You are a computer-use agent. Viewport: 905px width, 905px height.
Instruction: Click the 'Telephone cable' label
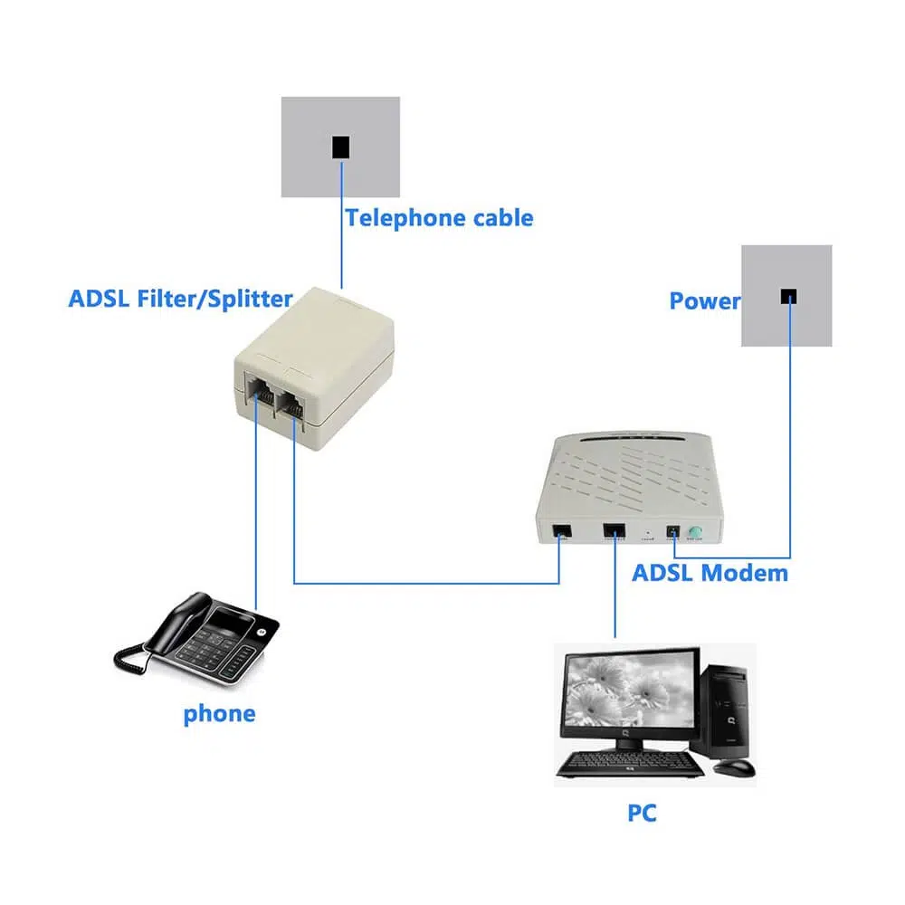click(x=439, y=218)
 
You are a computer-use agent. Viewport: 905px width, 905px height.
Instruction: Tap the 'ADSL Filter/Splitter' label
click(x=180, y=299)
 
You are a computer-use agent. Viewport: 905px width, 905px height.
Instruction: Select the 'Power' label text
click(x=704, y=301)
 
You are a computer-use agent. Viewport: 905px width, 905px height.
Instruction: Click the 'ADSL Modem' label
click(x=710, y=573)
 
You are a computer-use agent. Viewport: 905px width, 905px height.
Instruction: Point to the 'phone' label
click(x=219, y=713)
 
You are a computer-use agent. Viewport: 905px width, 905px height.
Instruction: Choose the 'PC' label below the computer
click(x=642, y=813)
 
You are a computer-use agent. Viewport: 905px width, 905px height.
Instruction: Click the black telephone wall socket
click(x=340, y=147)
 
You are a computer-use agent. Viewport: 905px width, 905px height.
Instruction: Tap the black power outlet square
click(x=789, y=296)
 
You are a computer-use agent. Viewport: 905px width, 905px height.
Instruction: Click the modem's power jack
click(x=672, y=533)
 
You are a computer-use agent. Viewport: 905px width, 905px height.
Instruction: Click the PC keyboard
click(x=630, y=764)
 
